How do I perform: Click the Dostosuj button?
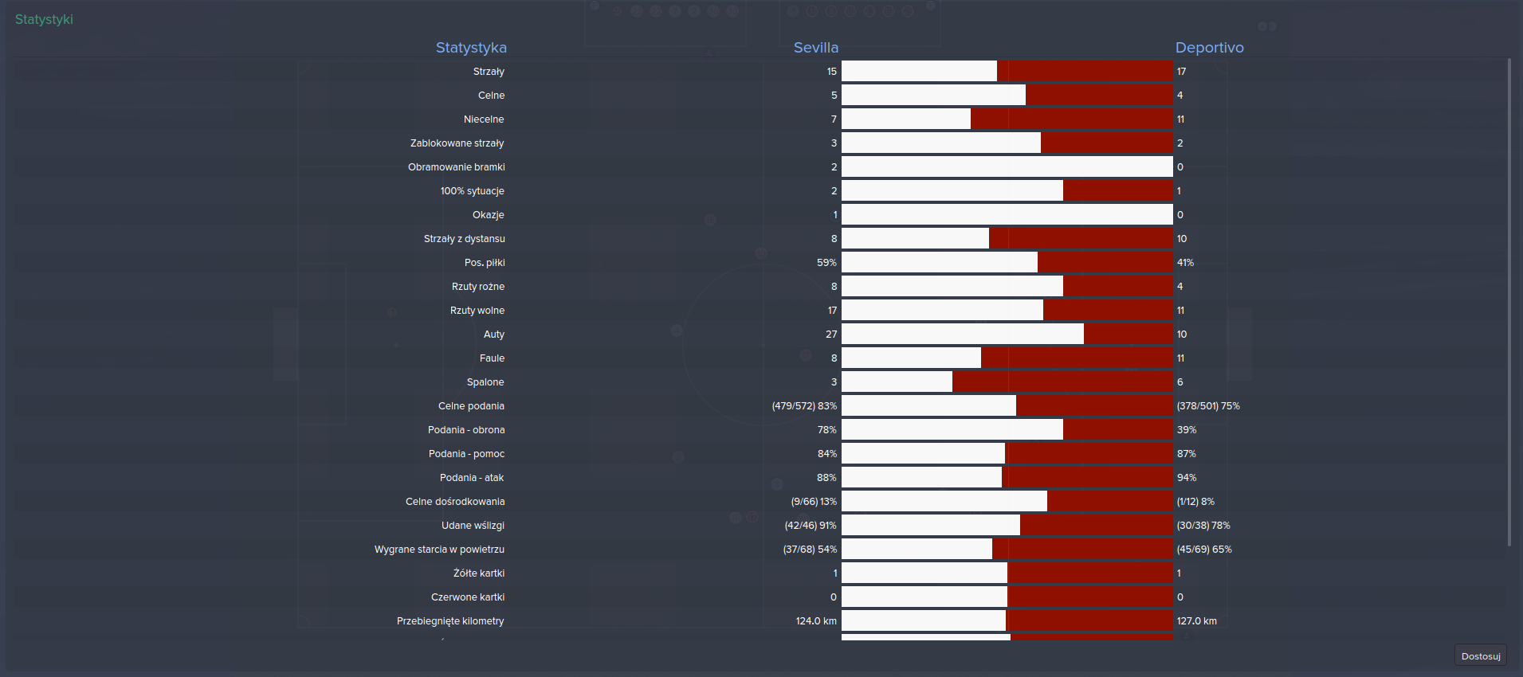1480,656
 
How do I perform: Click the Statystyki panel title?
44,19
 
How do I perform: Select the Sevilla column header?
815,48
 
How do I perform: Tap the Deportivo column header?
1209,48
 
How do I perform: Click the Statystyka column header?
471,48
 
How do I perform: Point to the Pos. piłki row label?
485,263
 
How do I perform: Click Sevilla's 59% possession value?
826,263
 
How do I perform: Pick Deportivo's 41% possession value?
1185,263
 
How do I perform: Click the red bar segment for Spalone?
1062,382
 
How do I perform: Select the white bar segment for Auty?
963,335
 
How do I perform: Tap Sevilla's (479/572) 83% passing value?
804,406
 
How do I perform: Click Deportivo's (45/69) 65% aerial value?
1203,550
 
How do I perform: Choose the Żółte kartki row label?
479,573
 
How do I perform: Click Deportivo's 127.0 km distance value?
1196,621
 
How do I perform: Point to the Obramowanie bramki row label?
457,167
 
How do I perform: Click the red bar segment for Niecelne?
1072,119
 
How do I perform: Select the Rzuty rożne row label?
478,287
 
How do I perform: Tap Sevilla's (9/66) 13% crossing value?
814,502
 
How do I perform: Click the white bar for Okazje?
1007,215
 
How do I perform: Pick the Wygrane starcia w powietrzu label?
439,550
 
